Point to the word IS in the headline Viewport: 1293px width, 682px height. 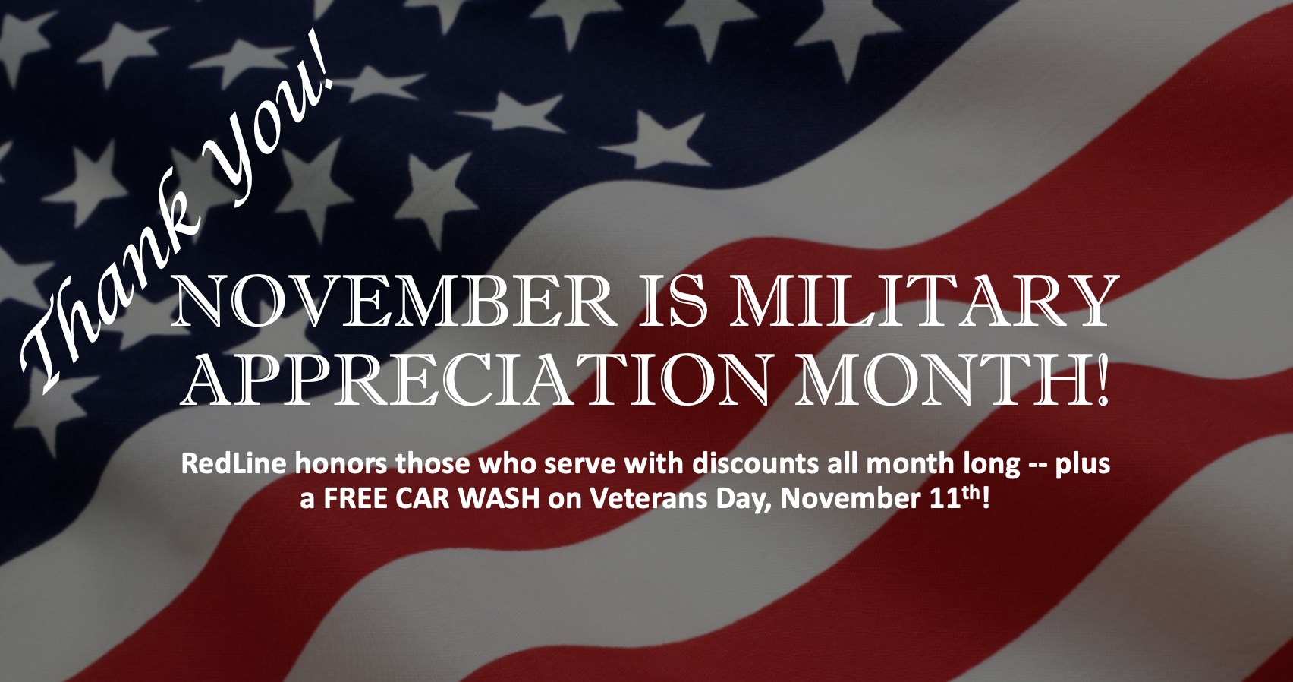pos(669,302)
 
